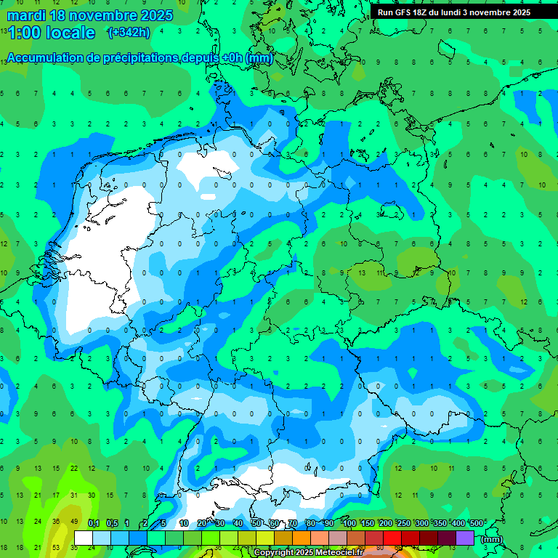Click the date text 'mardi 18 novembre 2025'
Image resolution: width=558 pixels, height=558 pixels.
90,15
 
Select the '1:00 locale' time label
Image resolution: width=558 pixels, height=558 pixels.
51,33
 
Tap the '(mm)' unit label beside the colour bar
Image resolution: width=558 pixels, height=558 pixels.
492,539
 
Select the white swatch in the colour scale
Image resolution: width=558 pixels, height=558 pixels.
84,538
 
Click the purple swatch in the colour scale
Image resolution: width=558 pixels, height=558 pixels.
465,538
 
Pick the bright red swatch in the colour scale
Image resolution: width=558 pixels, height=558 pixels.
392,538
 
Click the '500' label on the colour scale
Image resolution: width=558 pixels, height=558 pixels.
477,523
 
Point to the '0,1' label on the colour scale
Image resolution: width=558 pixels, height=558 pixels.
94,523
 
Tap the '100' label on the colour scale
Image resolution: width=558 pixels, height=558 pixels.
349,523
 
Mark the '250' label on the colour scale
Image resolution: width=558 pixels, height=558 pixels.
404,523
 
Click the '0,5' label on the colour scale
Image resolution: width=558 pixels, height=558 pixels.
112,523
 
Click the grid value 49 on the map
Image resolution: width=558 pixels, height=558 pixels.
73,522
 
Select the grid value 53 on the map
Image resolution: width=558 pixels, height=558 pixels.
56,547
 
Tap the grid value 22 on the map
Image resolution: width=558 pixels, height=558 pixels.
73,468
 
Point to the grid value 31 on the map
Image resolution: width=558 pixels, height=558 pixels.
73,496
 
